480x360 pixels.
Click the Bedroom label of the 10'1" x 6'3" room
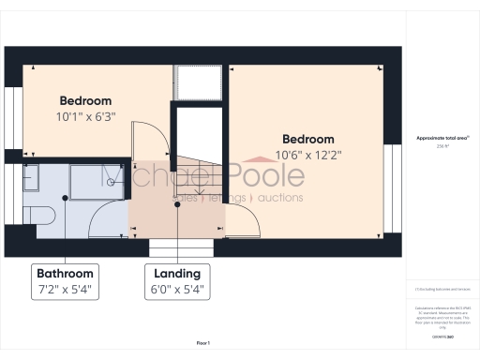[85, 101]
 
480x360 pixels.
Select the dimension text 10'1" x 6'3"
[85, 117]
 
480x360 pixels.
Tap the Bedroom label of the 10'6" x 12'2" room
[307, 139]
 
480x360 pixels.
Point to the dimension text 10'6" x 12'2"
[307, 155]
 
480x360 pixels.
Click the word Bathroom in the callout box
[65, 273]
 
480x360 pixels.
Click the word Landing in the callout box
[177, 273]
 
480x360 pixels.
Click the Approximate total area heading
[442, 139]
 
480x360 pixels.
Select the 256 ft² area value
[442, 147]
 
